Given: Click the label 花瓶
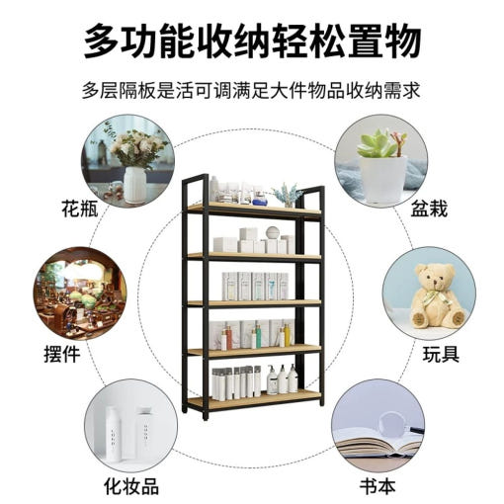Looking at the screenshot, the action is [x=80, y=209].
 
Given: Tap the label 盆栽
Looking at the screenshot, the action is [x=429, y=209].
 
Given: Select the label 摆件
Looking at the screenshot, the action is [x=62, y=354].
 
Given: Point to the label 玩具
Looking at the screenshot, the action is [x=441, y=354].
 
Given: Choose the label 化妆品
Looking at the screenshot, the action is [x=131, y=486].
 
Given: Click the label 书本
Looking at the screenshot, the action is [x=378, y=486].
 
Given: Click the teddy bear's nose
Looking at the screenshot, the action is [x=436, y=284].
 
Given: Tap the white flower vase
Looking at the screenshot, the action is [x=134, y=185].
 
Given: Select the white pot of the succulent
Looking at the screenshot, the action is [x=382, y=180].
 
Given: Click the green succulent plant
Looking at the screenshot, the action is [x=377, y=144].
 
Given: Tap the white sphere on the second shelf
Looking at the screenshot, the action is [x=273, y=232].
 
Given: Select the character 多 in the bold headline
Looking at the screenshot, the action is [x=101, y=41].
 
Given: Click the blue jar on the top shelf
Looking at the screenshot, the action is [x=260, y=199].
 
